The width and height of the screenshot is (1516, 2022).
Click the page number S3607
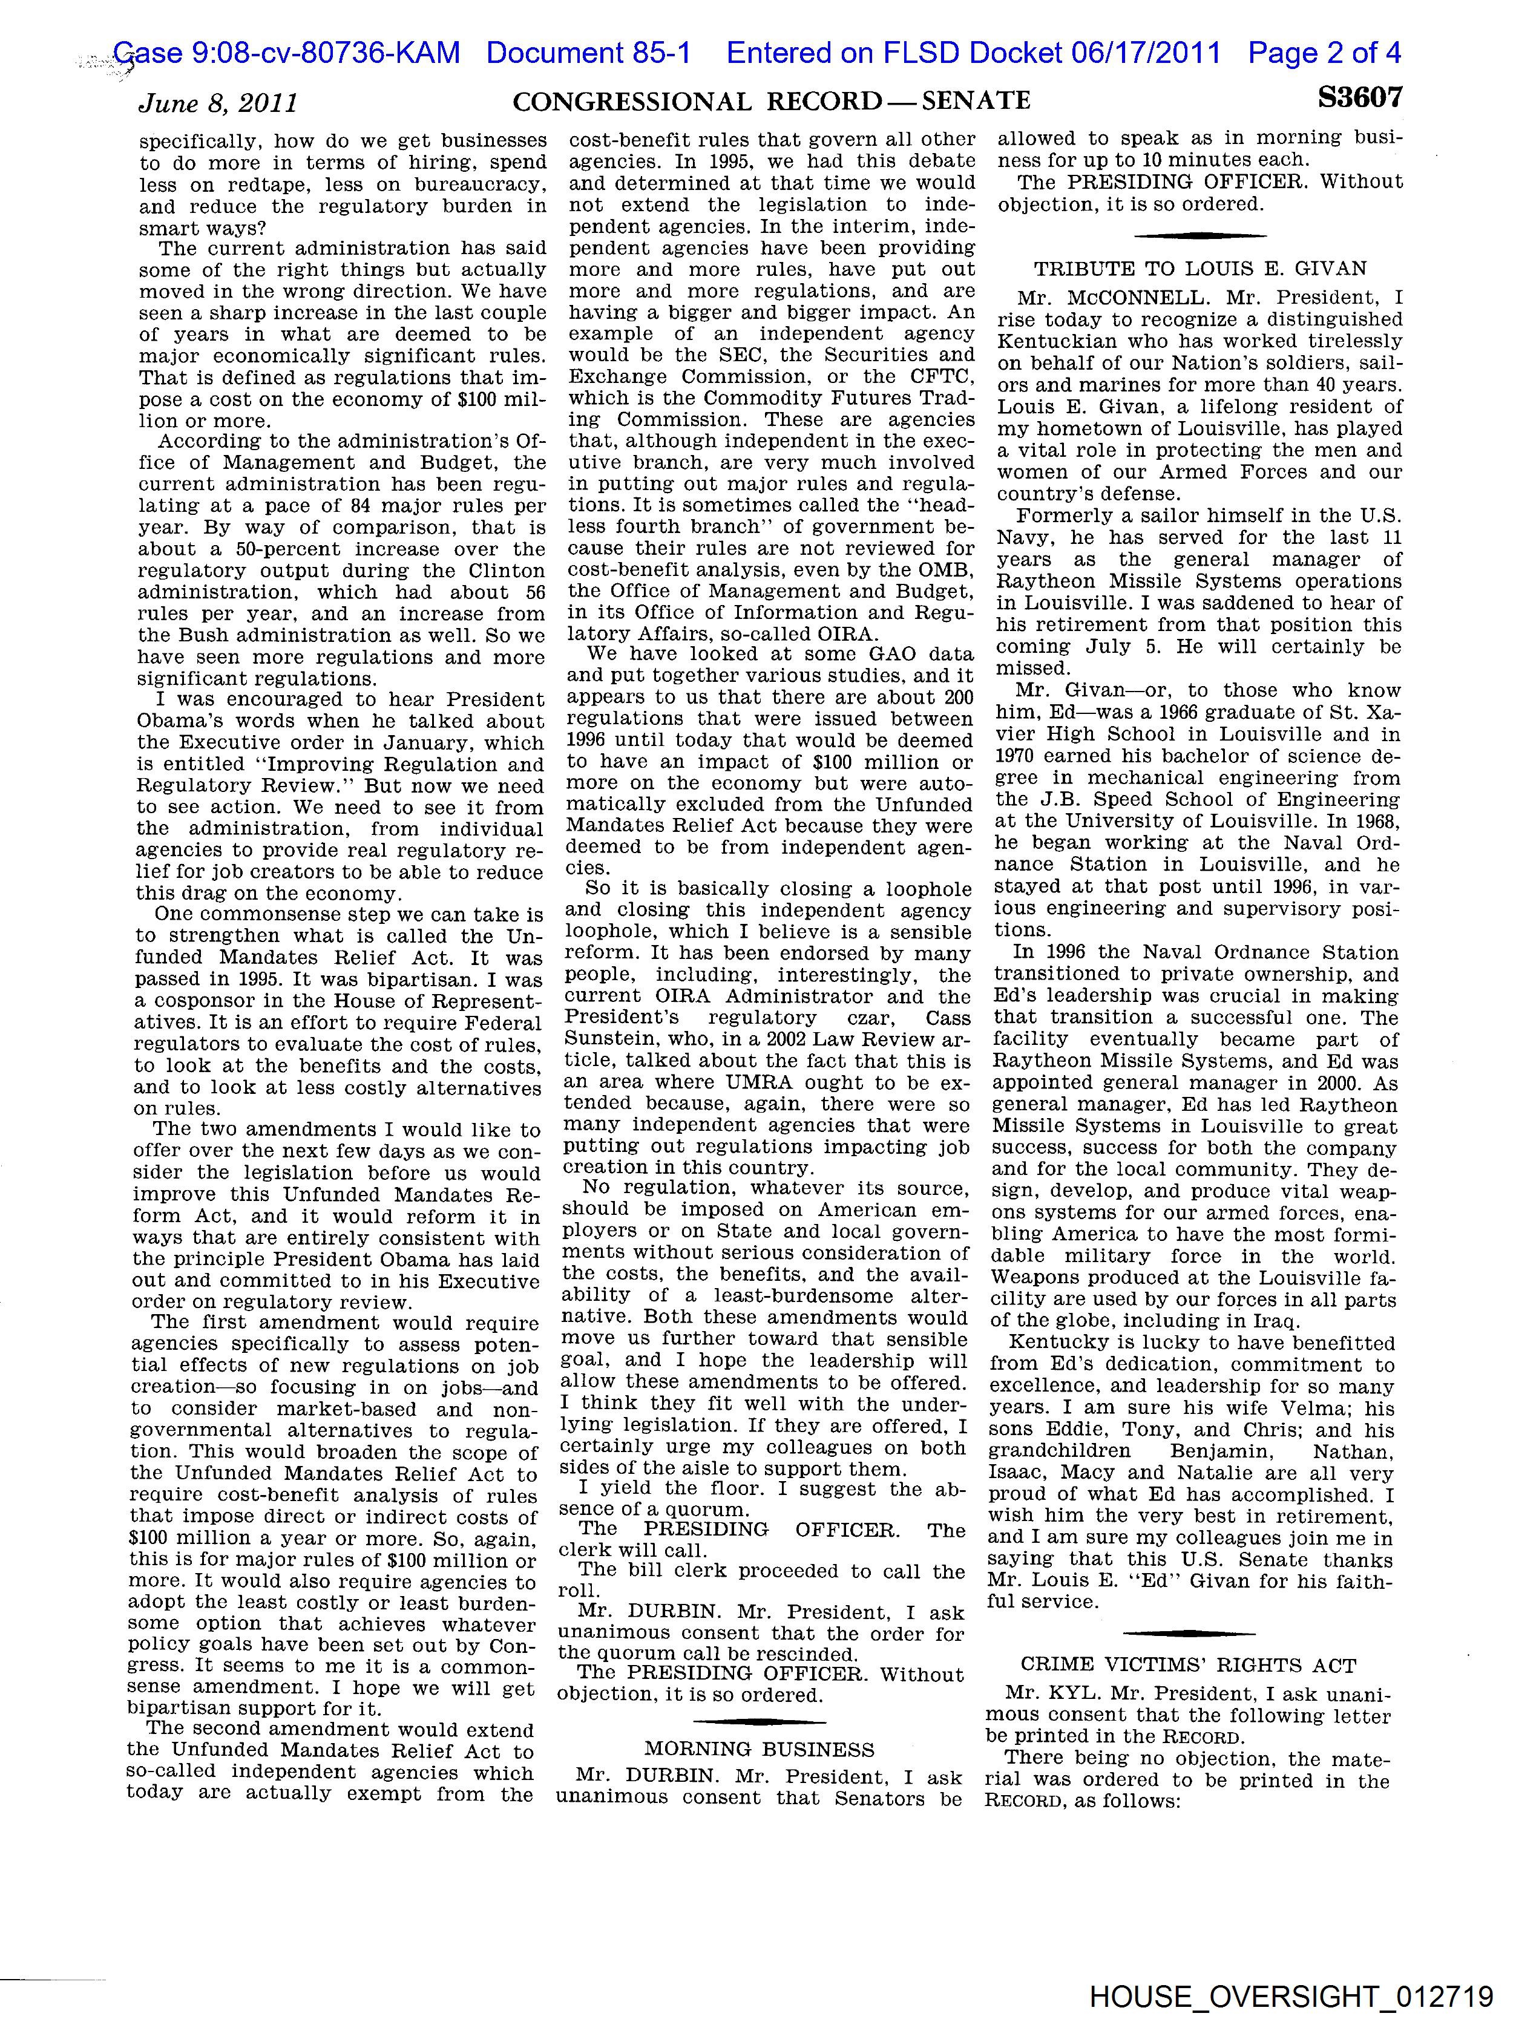point(1359,99)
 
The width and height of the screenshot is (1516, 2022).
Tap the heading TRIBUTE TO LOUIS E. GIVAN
point(1199,269)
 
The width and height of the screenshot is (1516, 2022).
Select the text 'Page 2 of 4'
point(1324,53)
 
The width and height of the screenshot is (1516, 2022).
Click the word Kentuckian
point(1051,342)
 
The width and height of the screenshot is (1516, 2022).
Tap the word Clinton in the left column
point(510,571)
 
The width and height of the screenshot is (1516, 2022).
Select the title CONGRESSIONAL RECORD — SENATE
point(772,100)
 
